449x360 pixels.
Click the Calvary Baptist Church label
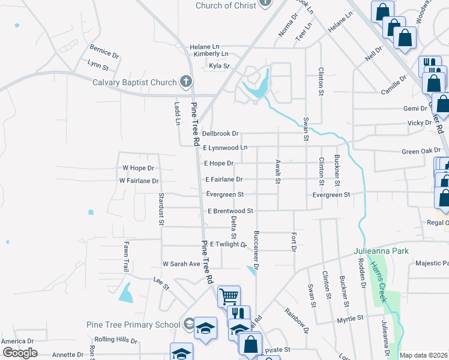tap(134, 83)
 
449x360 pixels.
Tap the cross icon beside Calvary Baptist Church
tap(186, 82)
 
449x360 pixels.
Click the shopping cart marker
tap(229, 296)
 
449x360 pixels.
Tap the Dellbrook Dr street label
tap(220, 134)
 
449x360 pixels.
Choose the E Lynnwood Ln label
tap(225, 148)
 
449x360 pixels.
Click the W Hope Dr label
tap(138, 169)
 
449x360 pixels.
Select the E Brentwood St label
tap(231, 211)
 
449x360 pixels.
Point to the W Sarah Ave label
tap(181, 264)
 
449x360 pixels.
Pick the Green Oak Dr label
tap(421, 151)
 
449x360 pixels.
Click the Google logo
tap(20, 353)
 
